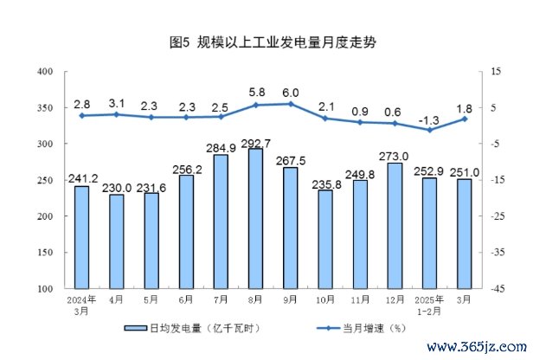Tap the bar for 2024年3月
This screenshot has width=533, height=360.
click(x=81, y=237)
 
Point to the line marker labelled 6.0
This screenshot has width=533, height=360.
click(x=290, y=104)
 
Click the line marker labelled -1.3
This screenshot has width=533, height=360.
click(x=429, y=130)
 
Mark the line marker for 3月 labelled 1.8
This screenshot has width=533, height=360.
click(x=464, y=119)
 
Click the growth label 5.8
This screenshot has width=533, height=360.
click(x=256, y=91)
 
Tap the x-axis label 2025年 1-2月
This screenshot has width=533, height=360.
click(x=429, y=305)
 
